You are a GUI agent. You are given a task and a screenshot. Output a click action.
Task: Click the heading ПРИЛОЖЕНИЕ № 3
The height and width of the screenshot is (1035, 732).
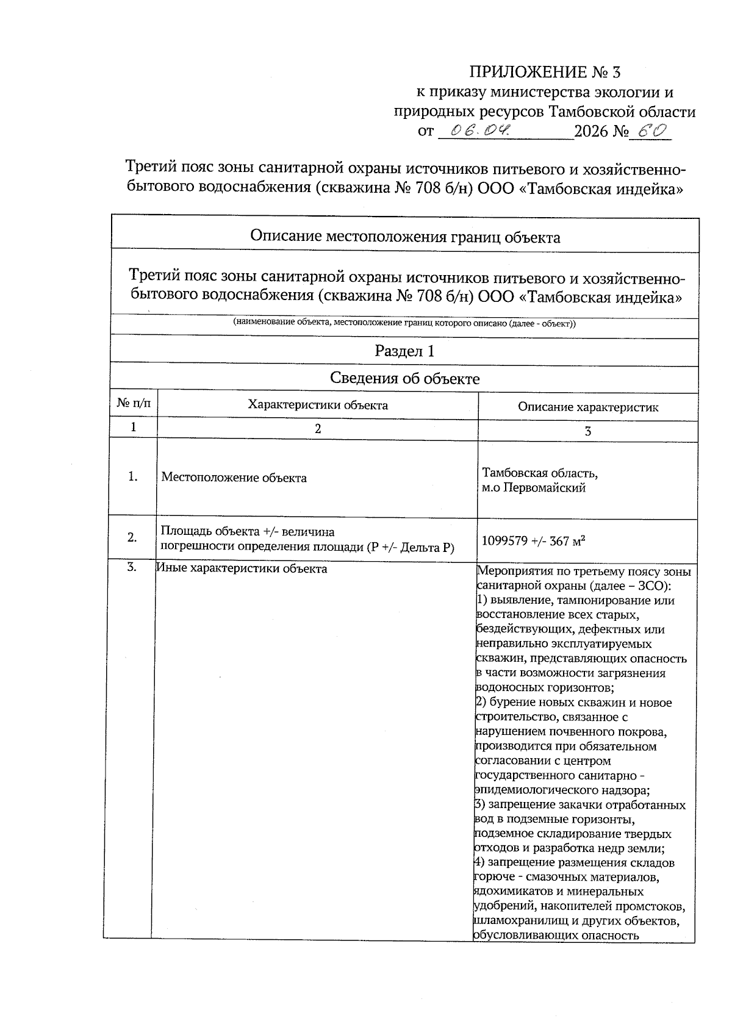pyautogui.click(x=544, y=73)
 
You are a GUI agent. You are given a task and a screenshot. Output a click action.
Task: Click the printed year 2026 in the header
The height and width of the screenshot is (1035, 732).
pyautogui.click(x=592, y=131)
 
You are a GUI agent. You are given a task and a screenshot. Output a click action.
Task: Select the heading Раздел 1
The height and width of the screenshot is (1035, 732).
pyautogui.click(x=404, y=351)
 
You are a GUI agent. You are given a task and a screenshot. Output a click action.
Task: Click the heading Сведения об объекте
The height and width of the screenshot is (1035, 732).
pyautogui.click(x=404, y=379)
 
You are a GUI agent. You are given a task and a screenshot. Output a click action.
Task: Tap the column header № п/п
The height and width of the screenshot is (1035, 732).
pyautogui.click(x=133, y=404)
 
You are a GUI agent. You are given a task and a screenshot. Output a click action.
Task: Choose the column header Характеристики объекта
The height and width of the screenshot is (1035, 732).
pyautogui.click(x=317, y=405)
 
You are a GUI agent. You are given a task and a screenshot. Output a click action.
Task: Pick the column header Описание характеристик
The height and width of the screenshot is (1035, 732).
pyautogui.click(x=587, y=407)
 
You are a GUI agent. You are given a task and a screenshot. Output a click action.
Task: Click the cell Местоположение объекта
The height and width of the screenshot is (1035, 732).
pyautogui.click(x=234, y=478)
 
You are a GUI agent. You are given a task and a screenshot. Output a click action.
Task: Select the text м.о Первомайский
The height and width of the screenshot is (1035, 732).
pyautogui.click(x=534, y=488)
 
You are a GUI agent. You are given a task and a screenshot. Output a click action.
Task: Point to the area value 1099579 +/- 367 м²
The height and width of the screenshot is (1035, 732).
pyautogui.click(x=534, y=540)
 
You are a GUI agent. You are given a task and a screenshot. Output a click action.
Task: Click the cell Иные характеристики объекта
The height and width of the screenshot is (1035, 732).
pyautogui.click(x=242, y=569)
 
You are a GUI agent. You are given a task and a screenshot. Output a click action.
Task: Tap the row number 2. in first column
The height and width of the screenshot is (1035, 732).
pyautogui.click(x=132, y=537)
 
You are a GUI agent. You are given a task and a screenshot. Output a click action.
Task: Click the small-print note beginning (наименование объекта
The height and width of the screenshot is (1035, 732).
pyautogui.click(x=404, y=323)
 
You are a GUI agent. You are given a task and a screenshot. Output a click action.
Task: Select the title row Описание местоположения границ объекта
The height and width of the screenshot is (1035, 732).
pyautogui.click(x=404, y=237)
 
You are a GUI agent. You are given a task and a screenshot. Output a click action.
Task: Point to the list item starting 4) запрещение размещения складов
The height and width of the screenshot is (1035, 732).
pyautogui.click(x=575, y=863)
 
